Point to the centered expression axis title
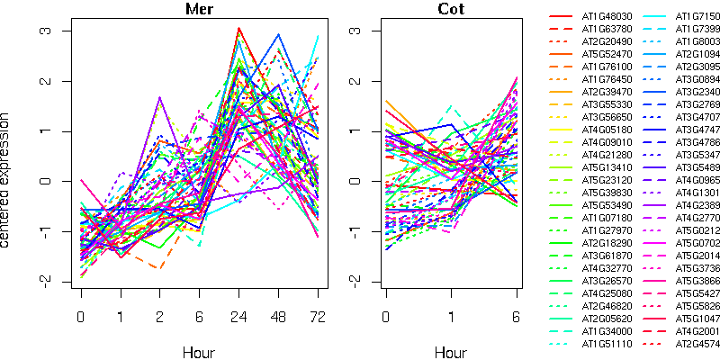click(x=8, y=181)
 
